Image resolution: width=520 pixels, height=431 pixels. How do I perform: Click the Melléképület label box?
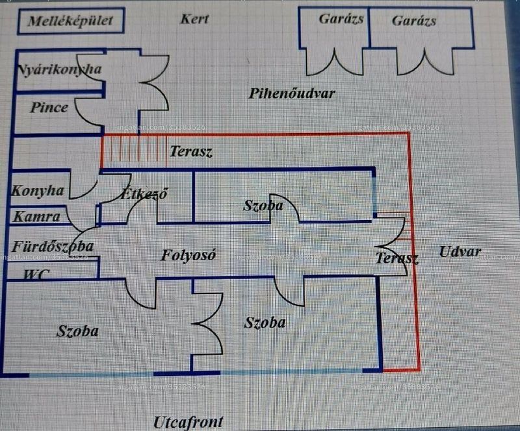point(71,21)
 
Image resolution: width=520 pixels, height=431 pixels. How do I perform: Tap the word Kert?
point(194,19)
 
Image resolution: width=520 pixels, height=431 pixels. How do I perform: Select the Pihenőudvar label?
point(292,93)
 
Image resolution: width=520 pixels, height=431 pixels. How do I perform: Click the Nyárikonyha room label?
point(59,69)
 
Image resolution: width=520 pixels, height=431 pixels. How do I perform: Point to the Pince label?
point(49,107)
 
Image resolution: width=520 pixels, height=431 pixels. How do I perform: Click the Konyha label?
point(38,191)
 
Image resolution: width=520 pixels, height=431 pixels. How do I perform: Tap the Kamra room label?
point(37,217)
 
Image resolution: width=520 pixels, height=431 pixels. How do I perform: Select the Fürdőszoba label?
point(53,247)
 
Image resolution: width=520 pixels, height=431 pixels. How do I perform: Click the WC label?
point(36,275)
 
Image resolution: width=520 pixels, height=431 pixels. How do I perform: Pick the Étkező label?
point(144,194)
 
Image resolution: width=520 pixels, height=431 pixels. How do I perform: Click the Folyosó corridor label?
point(188,255)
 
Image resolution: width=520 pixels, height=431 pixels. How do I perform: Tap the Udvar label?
point(460,252)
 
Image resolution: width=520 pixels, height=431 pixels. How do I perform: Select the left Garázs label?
point(341,19)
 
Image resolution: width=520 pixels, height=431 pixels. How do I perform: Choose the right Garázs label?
point(414,21)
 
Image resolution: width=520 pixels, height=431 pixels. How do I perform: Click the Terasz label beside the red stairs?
point(191,151)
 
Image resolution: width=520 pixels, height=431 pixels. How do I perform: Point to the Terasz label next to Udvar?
point(397,258)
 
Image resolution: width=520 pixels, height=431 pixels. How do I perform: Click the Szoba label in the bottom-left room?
point(77,331)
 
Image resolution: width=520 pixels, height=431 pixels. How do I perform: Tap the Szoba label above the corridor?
point(263,205)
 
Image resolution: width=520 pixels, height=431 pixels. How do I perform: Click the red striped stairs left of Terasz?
point(134,151)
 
